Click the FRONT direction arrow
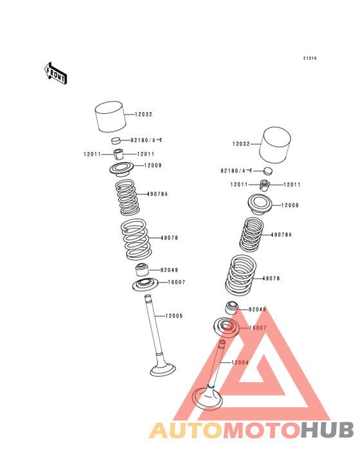(55, 73)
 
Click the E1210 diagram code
(310, 59)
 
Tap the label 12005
(174, 316)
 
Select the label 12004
(240, 362)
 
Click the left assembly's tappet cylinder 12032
(111, 116)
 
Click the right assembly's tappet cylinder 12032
(275, 145)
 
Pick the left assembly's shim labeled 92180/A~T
(116, 140)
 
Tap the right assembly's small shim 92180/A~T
(268, 171)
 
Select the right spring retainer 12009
(260, 204)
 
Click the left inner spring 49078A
(127, 198)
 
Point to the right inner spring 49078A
(251, 235)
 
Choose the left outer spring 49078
(135, 239)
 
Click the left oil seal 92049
(143, 270)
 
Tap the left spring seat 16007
(145, 285)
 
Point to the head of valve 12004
(207, 398)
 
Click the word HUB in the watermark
(327, 430)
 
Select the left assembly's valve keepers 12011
(118, 154)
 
